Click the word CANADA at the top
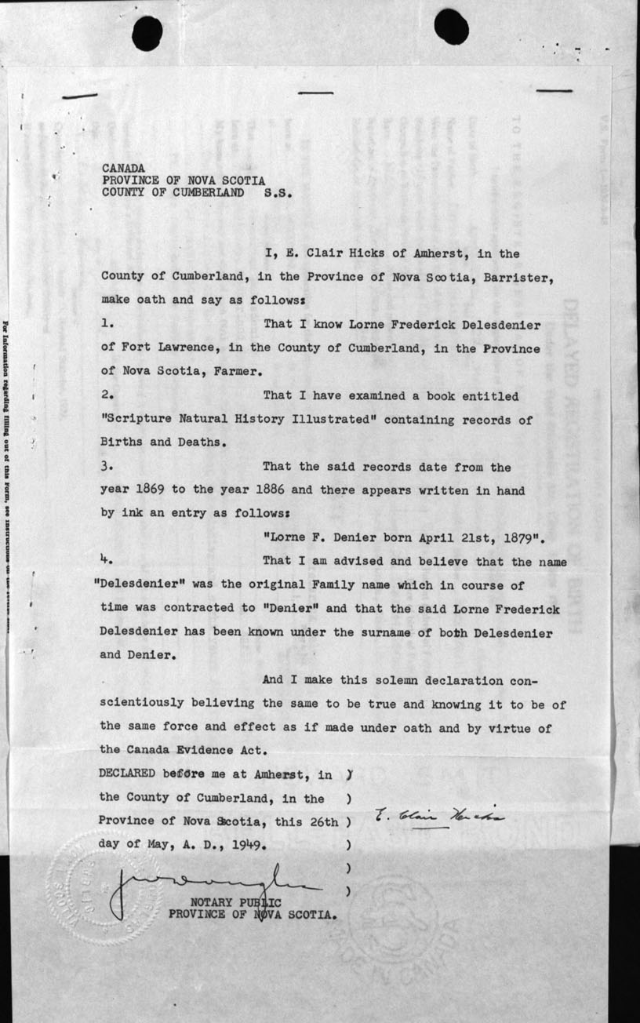pyautogui.click(x=122, y=168)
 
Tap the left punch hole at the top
pyautogui.click(x=147, y=32)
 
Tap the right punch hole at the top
pyautogui.click(x=451, y=26)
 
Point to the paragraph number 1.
pyautogui.click(x=107, y=323)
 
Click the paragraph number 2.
pyautogui.click(x=108, y=397)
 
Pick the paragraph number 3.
pyautogui.click(x=108, y=467)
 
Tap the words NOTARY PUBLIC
pyautogui.click(x=236, y=901)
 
